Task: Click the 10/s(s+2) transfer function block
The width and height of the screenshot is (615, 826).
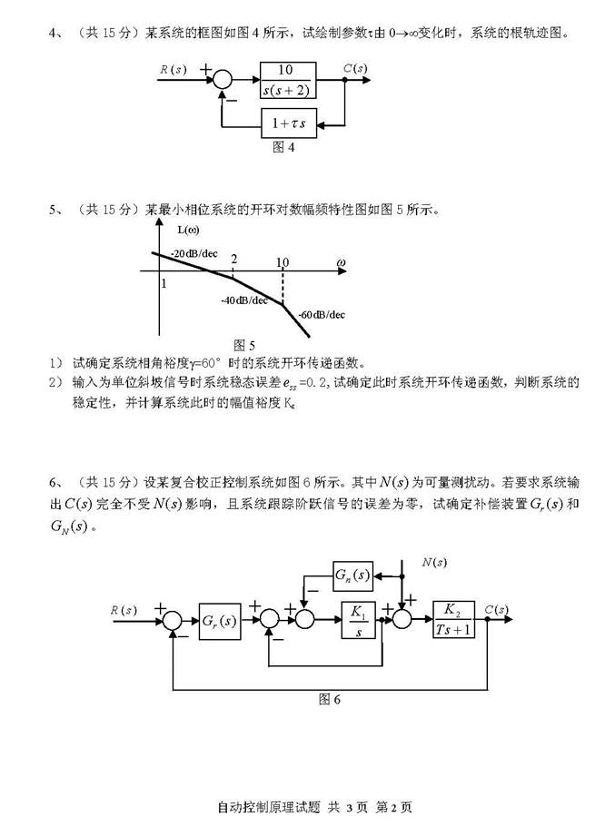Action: [x=288, y=80]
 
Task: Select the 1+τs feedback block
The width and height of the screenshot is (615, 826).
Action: [x=289, y=123]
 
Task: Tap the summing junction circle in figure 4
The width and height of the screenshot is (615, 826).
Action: [x=222, y=80]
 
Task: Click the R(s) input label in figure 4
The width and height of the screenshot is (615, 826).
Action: [x=174, y=69]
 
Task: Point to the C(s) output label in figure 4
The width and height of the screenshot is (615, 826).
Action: [x=355, y=68]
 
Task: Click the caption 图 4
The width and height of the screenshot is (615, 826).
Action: [x=283, y=147]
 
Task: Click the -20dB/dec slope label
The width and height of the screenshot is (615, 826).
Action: [x=193, y=253]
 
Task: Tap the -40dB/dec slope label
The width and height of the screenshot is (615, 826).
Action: [x=244, y=300]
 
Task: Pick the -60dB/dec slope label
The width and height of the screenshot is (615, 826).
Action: [x=322, y=314]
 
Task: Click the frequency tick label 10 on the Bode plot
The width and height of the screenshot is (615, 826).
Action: [x=283, y=261]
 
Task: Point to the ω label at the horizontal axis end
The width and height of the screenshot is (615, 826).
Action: [x=341, y=262]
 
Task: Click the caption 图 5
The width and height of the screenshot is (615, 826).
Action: [x=244, y=345]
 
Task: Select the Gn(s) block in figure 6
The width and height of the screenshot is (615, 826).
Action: [x=353, y=575]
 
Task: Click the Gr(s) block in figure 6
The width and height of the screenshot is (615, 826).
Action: [x=220, y=621]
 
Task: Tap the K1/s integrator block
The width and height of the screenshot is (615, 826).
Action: [x=358, y=620]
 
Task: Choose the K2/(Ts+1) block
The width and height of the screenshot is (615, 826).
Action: [x=453, y=619]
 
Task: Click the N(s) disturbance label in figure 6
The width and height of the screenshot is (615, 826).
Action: [x=434, y=562]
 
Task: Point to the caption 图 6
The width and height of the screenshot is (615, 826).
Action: [x=330, y=699]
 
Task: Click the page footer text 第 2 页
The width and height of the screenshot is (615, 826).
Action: [x=393, y=807]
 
